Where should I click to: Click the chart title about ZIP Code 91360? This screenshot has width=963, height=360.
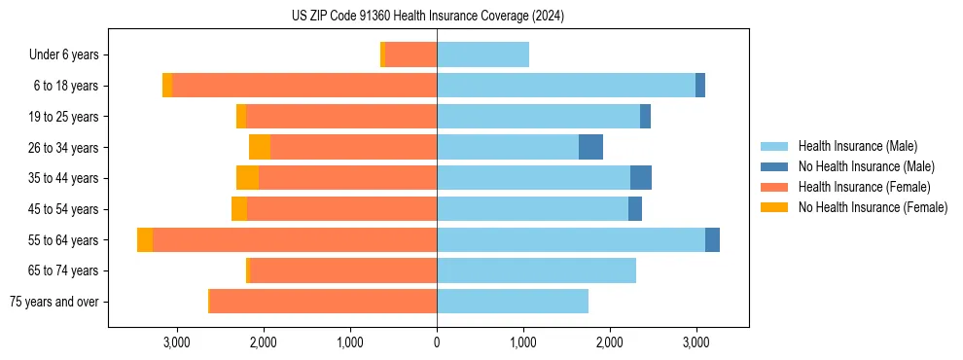pos(427,17)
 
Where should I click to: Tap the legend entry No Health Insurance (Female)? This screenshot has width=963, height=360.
pos(873,207)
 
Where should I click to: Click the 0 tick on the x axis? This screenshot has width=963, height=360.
pos(437,342)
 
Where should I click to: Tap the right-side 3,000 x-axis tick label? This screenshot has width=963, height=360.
pos(695,342)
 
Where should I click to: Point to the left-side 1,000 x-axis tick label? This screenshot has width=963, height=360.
pos(350,342)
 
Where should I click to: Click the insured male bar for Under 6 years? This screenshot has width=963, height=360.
pos(482,54)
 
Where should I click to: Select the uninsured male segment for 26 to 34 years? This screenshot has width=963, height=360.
pos(590,147)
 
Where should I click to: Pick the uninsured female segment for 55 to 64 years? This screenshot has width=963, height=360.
pos(145,239)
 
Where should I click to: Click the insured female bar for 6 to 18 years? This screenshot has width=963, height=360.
pos(304,86)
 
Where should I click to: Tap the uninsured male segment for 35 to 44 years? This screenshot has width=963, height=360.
pos(641,178)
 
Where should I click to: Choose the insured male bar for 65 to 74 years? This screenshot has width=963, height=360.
pos(536,270)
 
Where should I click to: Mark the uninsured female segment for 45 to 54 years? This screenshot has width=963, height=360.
pos(239,209)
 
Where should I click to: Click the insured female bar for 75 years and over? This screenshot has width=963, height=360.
pos(323,302)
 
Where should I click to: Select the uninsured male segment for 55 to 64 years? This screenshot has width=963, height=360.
pos(712,239)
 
